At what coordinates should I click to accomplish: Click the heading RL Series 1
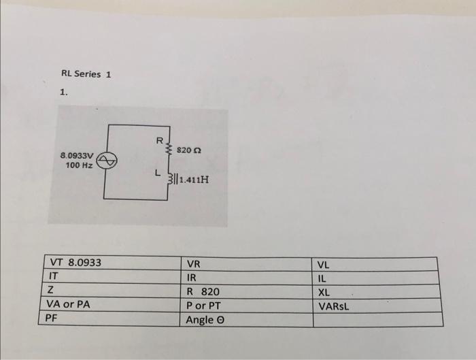point(86,74)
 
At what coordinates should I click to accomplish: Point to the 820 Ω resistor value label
point(188,148)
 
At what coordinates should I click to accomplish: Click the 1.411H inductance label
point(192,180)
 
